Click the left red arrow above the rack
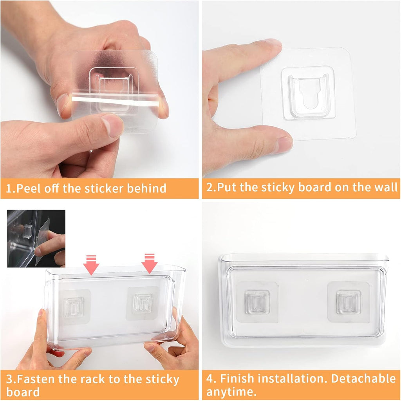click(91, 265)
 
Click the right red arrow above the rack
click(149, 263)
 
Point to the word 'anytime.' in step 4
click(231, 392)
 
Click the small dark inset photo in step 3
click(36, 238)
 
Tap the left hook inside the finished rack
click(257, 302)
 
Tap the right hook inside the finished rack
click(348, 302)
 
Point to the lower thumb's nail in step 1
click(113, 125)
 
